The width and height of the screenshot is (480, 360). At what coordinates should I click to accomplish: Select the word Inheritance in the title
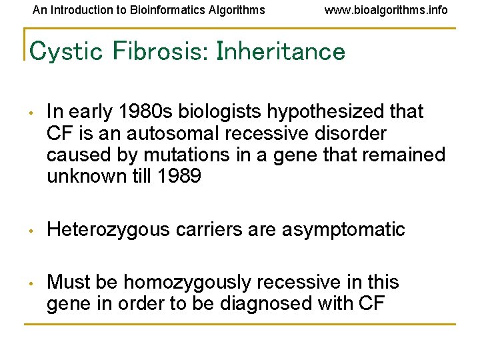[281, 51]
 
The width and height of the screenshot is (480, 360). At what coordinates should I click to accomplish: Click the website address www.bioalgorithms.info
[386, 10]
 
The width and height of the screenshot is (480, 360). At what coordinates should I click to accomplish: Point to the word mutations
[187, 155]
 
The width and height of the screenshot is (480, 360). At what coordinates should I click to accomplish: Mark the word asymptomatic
[343, 230]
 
